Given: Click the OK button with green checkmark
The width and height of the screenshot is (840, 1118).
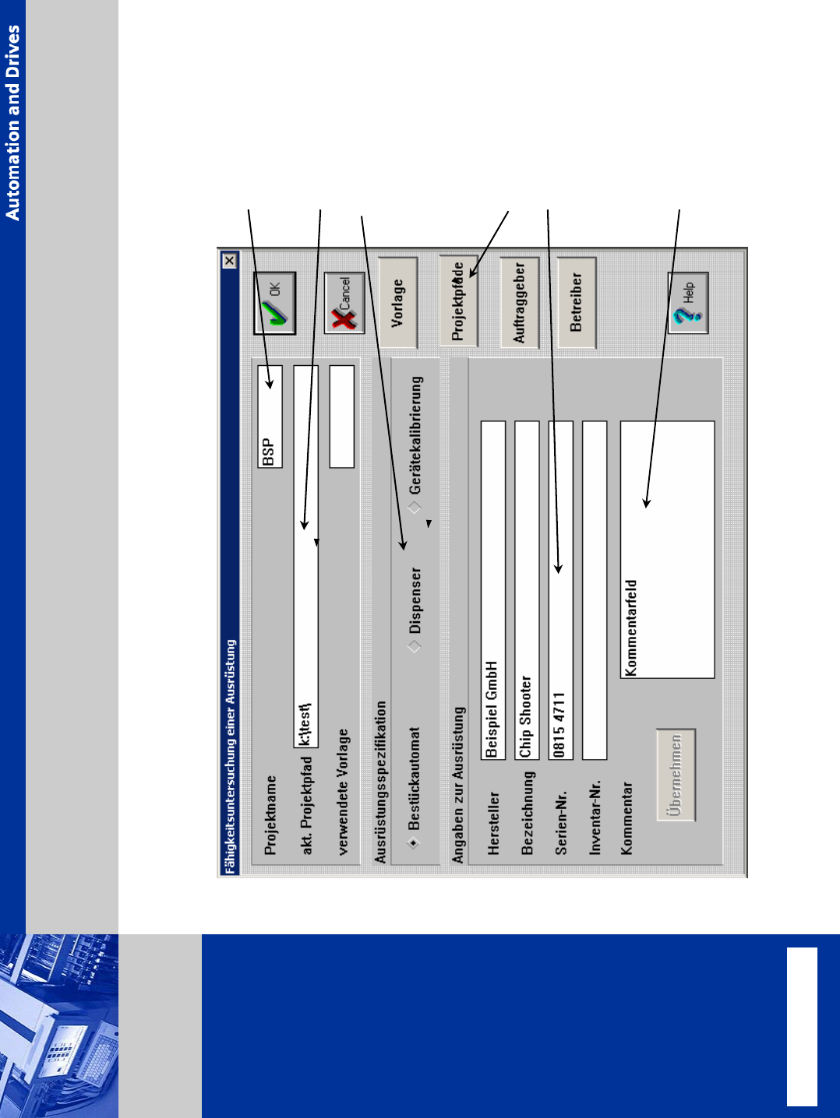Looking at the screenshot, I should (274, 303).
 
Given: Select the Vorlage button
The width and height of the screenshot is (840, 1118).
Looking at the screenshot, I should (398, 303).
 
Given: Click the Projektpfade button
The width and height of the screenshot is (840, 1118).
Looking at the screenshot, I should (458, 301).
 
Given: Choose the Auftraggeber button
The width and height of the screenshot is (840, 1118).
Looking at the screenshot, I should (520, 302).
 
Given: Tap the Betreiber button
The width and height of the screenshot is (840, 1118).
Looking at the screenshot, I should (577, 302).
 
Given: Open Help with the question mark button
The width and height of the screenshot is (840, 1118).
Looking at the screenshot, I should (688, 303).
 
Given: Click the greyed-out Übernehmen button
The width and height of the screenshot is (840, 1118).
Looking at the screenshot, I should (676, 775).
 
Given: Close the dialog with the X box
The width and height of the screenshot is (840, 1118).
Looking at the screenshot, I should (229, 261).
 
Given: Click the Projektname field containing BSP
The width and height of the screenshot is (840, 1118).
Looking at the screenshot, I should (270, 417).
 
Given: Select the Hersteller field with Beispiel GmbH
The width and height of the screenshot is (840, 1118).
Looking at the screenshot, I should (493, 589).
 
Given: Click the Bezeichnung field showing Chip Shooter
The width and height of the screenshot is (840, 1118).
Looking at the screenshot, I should (527, 589).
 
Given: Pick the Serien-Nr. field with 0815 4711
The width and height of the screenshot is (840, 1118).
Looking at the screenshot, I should (561, 589).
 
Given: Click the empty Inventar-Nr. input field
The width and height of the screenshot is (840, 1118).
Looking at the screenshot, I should (595, 589).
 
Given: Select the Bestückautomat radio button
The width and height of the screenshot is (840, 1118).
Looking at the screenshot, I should (414, 842).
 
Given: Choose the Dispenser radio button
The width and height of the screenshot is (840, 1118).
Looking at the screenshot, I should (414, 646).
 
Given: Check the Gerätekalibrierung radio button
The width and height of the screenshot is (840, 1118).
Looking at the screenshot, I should (415, 508).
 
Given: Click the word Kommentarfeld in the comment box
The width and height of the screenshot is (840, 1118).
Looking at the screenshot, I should (631, 628).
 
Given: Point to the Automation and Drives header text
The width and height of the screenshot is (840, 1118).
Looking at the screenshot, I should (13, 122).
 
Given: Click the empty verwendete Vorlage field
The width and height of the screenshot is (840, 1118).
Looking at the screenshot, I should (341, 417).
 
